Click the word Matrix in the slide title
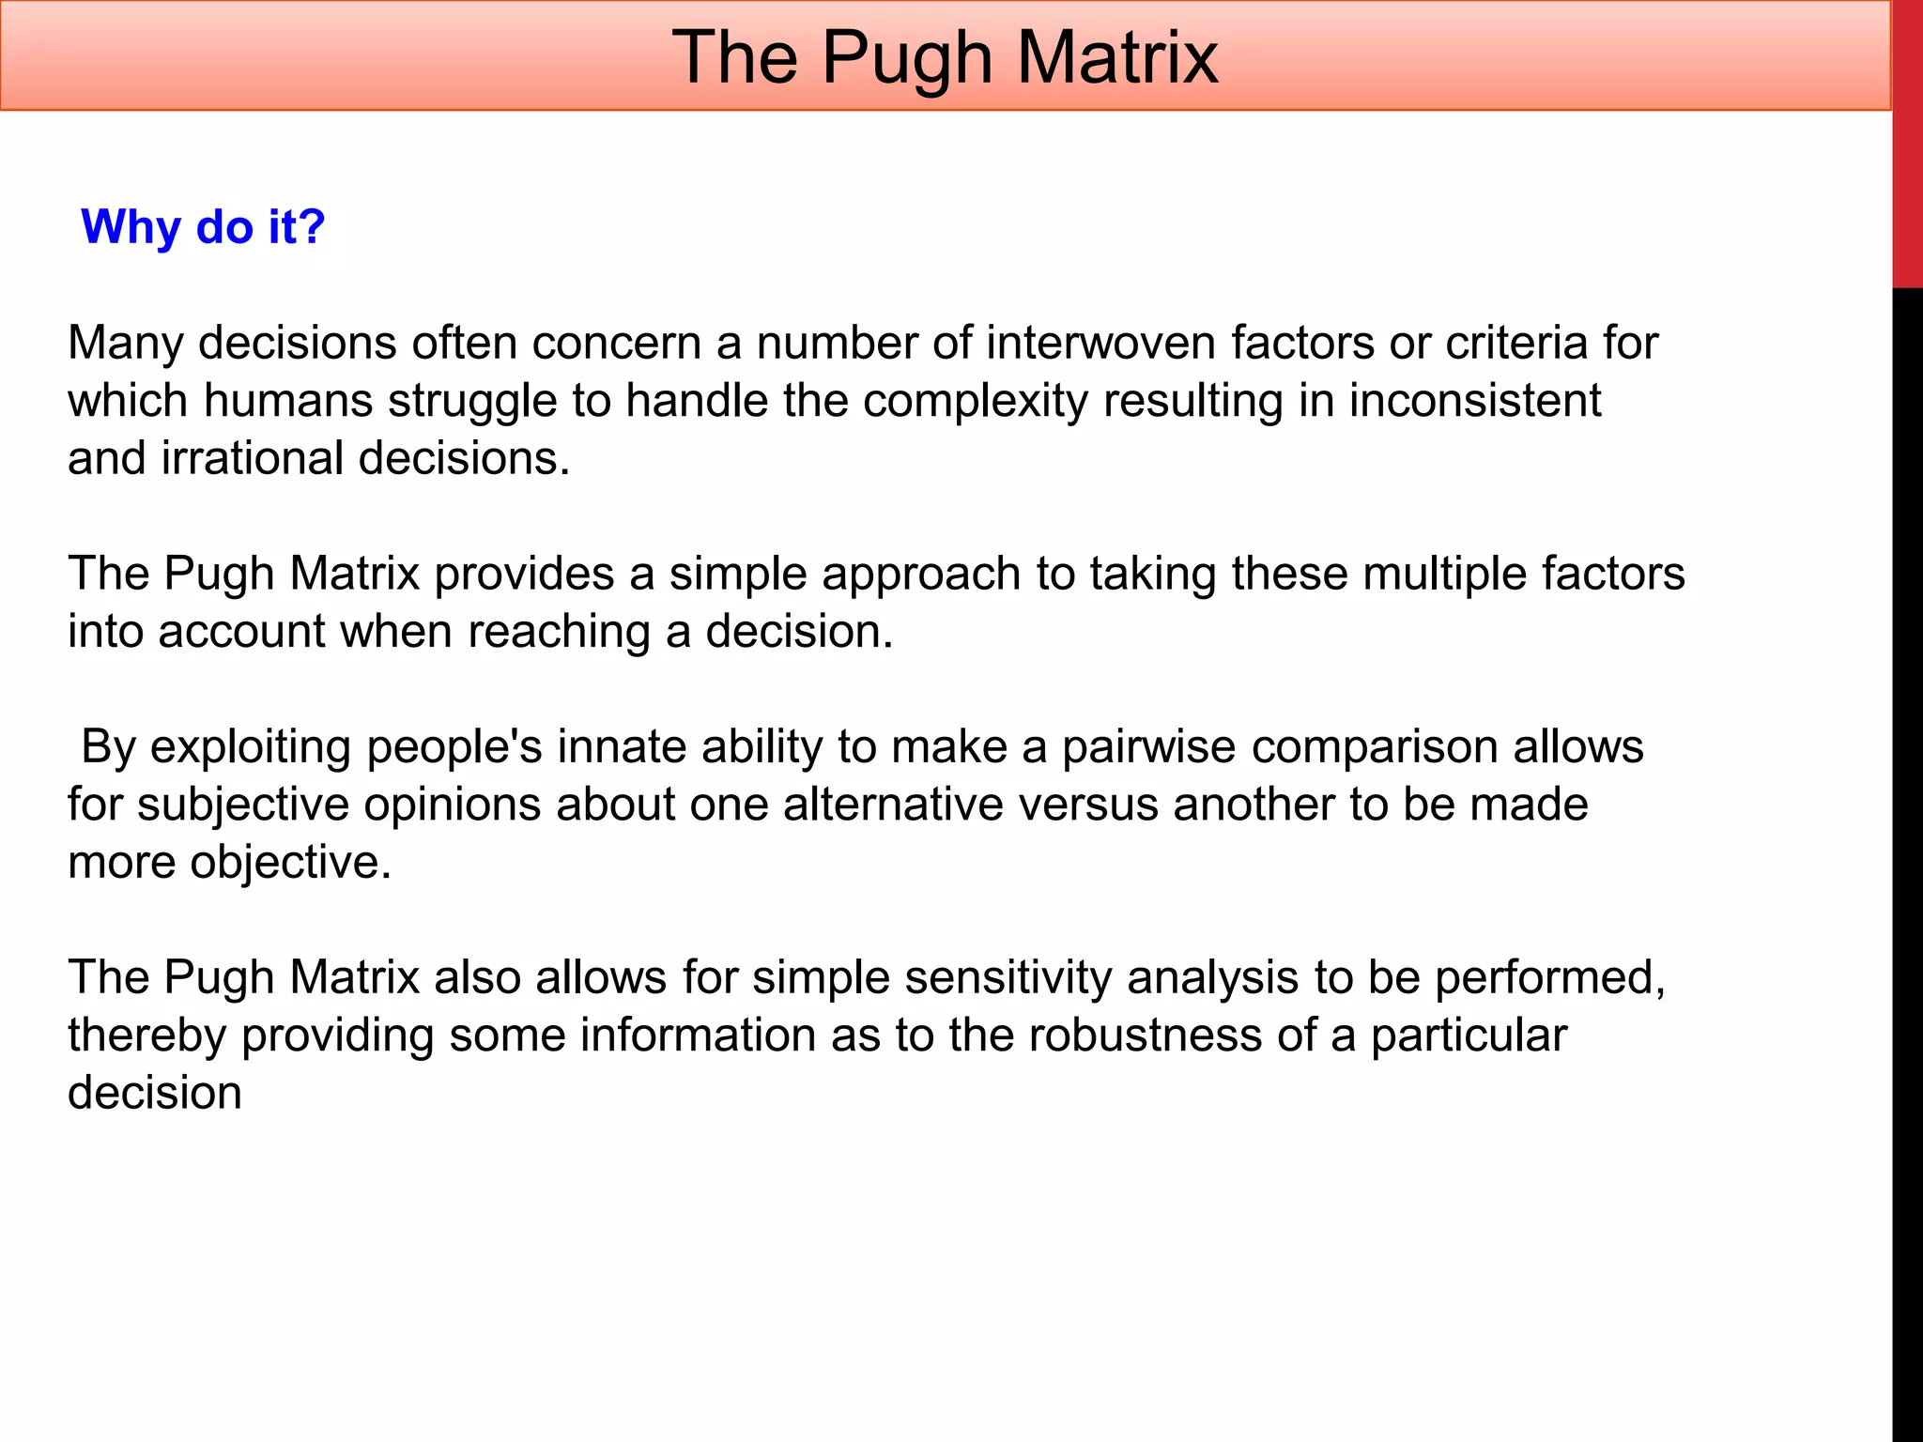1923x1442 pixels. point(1116,58)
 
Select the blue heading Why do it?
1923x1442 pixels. point(203,227)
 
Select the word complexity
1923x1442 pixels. point(976,401)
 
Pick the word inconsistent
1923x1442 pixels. point(1474,401)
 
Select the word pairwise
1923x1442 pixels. point(1148,747)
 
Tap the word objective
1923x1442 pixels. point(290,863)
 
